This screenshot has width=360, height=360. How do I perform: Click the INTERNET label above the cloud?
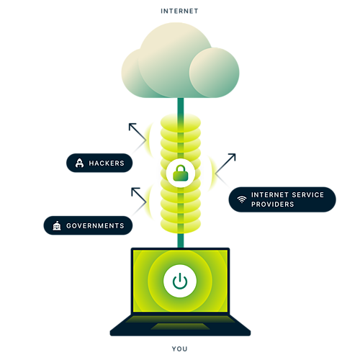pyautogui.click(x=179, y=11)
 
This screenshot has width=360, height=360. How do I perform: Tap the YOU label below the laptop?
pyautogui.click(x=179, y=348)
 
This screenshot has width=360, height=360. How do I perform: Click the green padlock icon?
pyautogui.click(x=181, y=173)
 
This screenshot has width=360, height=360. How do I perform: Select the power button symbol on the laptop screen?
pyautogui.click(x=180, y=281)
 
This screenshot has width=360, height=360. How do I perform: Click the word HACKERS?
pyautogui.click(x=107, y=163)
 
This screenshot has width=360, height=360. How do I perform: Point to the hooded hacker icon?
pyautogui.click(x=79, y=163)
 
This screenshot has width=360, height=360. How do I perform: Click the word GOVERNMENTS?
pyautogui.click(x=95, y=225)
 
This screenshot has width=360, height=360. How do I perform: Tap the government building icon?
pyautogui.click(x=57, y=225)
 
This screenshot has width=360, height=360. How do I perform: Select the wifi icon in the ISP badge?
pyautogui.click(x=242, y=199)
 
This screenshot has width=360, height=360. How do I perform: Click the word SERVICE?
pyautogui.click(x=308, y=194)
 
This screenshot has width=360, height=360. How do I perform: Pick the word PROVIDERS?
pyautogui.click(x=273, y=204)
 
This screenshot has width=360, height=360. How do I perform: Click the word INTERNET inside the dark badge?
pyautogui.click(x=270, y=194)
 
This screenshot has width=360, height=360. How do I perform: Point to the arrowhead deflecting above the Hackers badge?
pyautogui.click(x=132, y=126)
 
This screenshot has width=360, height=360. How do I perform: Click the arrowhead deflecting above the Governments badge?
pyautogui.click(x=135, y=191)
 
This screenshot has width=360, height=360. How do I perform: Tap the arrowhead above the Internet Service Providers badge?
pyautogui.click(x=233, y=157)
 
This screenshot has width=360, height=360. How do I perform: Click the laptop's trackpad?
pyautogui.click(x=180, y=326)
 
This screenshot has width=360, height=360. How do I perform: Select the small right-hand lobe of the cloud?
pyautogui.click(x=214, y=73)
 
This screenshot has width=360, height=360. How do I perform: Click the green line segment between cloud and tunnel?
pyautogui.click(x=181, y=106)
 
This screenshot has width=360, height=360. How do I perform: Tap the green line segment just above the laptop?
pyautogui.click(x=181, y=240)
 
